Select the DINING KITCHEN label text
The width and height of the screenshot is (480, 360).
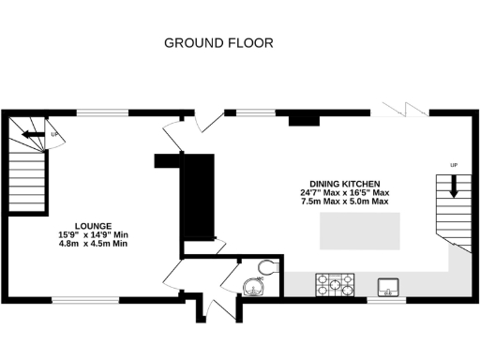(x=344, y=184)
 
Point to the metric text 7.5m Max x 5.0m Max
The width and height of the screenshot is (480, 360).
(x=344, y=202)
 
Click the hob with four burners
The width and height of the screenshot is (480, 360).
(x=335, y=284)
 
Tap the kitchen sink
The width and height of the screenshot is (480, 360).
(x=388, y=285)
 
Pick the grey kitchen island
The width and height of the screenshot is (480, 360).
(x=358, y=230)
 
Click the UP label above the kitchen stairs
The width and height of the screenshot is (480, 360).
(x=454, y=166)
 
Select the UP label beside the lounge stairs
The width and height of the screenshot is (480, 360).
(x=54, y=135)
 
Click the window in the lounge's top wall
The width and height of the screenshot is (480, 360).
(x=102, y=112)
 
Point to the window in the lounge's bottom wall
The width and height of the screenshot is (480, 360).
(x=85, y=300)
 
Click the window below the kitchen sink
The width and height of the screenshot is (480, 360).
(x=386, y=300)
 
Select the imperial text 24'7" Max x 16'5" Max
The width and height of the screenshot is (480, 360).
(x=344, y=193)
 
